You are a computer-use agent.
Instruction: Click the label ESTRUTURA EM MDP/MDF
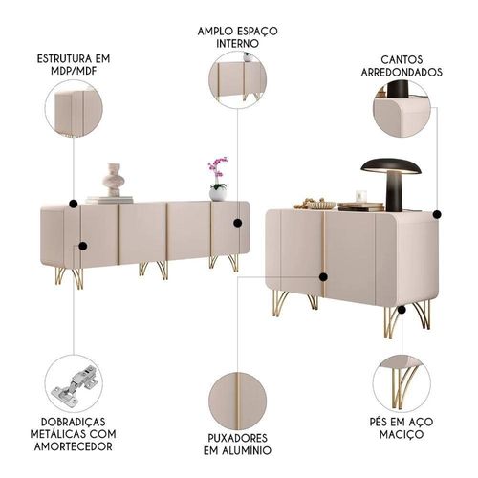tap(74, 65)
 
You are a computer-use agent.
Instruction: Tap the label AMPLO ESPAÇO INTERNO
tap(237, 37)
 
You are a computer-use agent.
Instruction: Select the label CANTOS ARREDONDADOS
tap(402, 66)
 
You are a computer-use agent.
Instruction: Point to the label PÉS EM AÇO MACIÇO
tap(402, 427)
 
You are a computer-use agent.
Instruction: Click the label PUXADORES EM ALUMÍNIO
tap(237, 444)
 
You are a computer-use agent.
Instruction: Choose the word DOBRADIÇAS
tap(74, 422)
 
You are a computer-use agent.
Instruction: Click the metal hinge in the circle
tap(74, 386)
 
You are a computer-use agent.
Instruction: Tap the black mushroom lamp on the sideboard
tap(391, 185)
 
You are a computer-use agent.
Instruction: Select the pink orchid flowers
tap(218, 167)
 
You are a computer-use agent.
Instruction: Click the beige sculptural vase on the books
tap(113, 180)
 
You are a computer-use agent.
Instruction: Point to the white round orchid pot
tap(218, 193)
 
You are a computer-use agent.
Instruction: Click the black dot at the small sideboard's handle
tap(323, 277)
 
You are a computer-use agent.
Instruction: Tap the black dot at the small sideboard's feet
tap(402, 310)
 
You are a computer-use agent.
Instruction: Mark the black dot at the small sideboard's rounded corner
tap(437, 214)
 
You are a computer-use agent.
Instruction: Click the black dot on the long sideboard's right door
tap(237, 223)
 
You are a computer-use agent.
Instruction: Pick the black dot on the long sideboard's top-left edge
tap(74, 204)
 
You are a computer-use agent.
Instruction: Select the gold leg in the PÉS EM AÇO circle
tap(402, 387)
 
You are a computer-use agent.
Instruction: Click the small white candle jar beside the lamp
tap(361, 196)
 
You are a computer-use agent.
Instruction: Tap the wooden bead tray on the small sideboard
tap(315, 204)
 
